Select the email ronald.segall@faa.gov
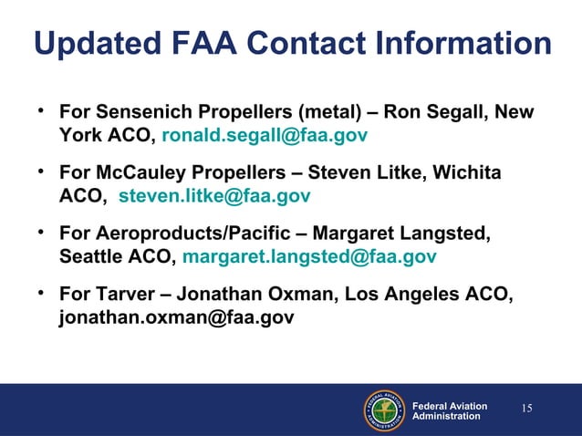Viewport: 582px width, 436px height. coord(265,137)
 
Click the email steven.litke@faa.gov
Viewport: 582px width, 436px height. coord(214,196)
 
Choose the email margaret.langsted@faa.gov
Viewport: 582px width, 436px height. coord(309,256)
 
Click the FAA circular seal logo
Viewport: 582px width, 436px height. coord(385,410)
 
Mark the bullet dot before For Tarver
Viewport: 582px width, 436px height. coord(41,293)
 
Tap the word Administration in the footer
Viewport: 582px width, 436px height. coord(446,416)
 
